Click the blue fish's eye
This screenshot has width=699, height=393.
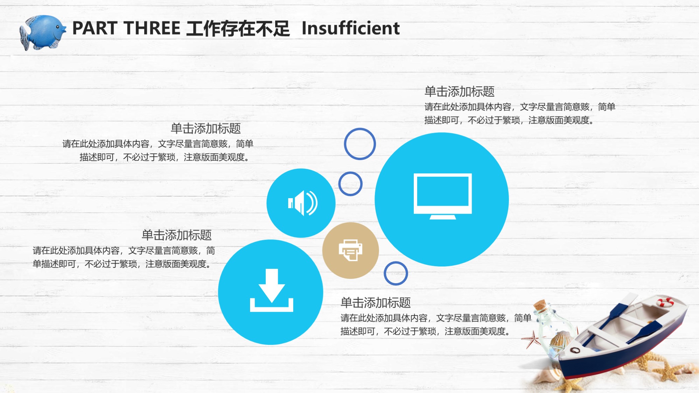click(58, 27)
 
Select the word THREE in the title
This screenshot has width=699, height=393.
click(152, 28)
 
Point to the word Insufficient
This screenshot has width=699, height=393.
click(351, 28)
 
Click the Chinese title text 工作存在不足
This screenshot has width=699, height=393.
click(238, 28)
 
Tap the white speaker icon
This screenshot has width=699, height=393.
click(303, 203)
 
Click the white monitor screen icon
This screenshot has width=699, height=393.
click(443, 193)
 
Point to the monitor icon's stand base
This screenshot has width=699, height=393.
click(443, 217)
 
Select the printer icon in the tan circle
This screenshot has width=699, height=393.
click(351, 250)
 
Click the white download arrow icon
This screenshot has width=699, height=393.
click(271, 290)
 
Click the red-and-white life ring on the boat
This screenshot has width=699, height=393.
click(665, 302)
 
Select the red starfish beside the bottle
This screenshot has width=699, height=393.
click(532, 339)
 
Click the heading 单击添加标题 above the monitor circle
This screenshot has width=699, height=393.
click(459, 91)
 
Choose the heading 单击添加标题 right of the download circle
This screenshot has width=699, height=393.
click(376, 303)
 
